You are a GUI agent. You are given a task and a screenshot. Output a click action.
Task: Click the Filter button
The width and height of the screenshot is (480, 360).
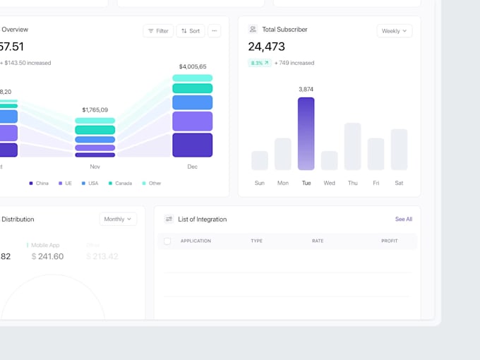click(158, 31)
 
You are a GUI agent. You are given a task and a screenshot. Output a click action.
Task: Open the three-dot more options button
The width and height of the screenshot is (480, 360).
click(215, 31)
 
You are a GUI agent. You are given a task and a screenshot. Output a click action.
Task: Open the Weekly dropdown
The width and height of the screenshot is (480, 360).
click(395, 31)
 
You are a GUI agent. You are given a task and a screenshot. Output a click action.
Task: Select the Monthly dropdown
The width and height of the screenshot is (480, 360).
click(118, 219)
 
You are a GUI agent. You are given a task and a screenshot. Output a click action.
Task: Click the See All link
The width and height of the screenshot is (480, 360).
click(403, 220)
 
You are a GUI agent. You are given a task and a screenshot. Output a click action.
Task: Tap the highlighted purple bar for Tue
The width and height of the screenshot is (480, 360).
click(306, 133)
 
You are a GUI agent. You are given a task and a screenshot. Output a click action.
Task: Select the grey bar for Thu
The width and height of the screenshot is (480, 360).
click(352, 146)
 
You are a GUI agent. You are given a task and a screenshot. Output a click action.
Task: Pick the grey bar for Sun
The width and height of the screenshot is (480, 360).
click(260, 160)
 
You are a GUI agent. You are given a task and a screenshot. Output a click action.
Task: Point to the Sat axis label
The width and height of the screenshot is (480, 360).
click(399, 183)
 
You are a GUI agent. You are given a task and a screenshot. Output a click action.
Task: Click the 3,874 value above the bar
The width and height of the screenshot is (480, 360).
click(306, 90)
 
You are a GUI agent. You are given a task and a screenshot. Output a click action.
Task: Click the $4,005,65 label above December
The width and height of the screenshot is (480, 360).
click(193, 66)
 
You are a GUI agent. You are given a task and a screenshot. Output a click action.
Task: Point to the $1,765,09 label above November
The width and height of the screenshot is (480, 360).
click(95, 110)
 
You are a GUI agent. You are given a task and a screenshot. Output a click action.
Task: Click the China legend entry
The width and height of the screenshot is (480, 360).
click(39, 184)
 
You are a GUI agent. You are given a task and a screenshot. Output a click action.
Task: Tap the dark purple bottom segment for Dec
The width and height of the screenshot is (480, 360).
click(193, 145)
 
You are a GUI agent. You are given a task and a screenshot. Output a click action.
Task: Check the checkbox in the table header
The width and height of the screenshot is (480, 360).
click(167, 241)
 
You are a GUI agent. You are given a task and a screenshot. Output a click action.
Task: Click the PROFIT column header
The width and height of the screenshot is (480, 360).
click(389, 241)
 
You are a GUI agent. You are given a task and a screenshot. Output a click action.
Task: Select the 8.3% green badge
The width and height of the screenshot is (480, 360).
click(259, 63)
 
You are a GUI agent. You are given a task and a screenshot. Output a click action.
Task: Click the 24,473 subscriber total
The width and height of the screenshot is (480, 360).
click(267, 47)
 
